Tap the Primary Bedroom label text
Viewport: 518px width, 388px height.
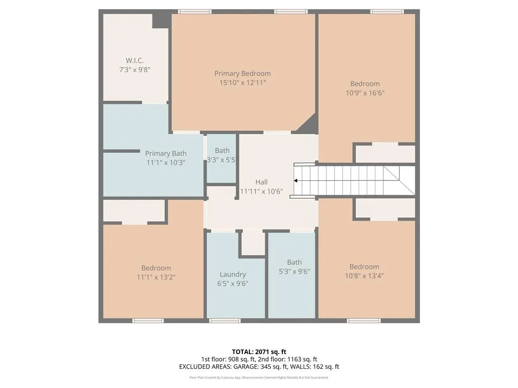pyautogui.click(x=242, y=73)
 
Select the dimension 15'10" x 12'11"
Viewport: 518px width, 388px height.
pyautogui.click(x=242, y=82)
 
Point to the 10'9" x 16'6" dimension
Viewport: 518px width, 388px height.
pyautogui.click(x=365, y=93)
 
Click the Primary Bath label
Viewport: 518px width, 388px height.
pyautogui.click(x=165, y=154)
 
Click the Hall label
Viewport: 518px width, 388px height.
pyautogui.click(x=261, y=182)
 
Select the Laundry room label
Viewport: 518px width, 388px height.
pyautogui.click(x=233, y=274)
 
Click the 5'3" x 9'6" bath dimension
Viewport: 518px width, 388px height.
pyautogui.click(x=294, y=271)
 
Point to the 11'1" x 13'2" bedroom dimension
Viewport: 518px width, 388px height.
pyautogui.click(x=156, y=277)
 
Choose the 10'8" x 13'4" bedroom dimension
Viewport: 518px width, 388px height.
pyautogui.click(x=364, y=276)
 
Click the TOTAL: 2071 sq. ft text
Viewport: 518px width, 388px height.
pyautogui.click(x=258, y=352)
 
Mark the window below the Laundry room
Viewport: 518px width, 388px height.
pyautogui.click(x=225, y=321)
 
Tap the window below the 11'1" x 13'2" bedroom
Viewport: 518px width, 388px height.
pyautogui.click(x=148, y=321)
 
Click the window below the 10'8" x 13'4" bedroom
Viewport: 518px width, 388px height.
pyautogui.click(x=364, y=321)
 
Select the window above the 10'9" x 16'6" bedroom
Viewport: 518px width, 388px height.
pyautogui.click(x=387, y=11)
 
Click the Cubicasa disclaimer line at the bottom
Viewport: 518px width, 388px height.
pyautogui.click(x=258, y=377)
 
